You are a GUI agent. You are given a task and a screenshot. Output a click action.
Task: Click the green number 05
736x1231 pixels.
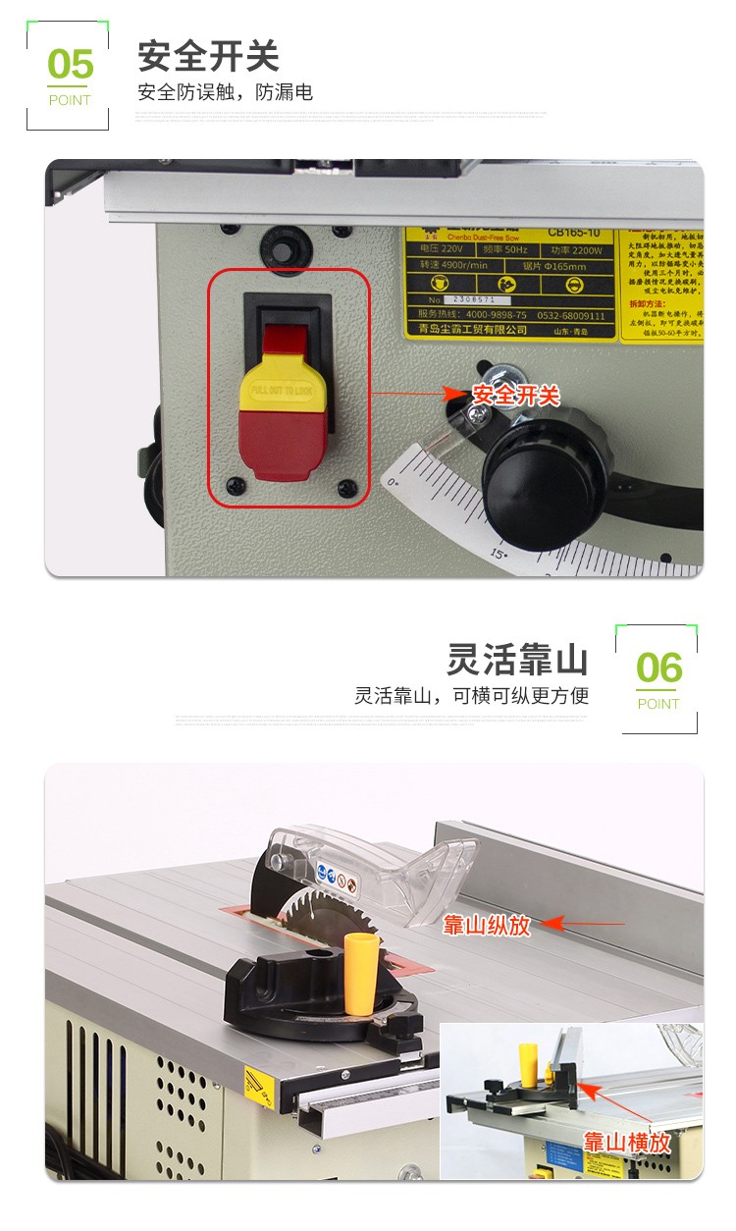70,65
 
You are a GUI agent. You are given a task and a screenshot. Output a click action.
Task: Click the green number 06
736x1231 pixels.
658,669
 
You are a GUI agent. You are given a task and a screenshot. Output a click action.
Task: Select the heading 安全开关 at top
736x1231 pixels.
208,56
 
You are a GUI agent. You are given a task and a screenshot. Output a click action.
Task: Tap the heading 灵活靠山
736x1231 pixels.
517,659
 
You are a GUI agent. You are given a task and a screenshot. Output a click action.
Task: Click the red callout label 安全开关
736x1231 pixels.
516,396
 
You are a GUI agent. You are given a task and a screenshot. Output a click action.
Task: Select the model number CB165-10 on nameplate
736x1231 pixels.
578,234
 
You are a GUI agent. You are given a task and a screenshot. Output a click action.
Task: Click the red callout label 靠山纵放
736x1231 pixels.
487,925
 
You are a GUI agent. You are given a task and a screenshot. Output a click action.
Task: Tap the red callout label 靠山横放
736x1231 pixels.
627,1143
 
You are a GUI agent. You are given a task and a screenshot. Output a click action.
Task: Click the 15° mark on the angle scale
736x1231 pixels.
499,555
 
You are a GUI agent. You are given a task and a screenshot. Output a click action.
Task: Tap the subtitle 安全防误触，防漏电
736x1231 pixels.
225,93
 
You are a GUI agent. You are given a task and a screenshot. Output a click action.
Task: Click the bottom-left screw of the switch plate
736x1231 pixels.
236,484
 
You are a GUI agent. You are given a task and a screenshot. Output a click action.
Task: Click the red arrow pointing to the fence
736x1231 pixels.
584,924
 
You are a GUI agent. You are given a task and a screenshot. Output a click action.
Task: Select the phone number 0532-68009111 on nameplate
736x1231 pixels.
570,317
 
